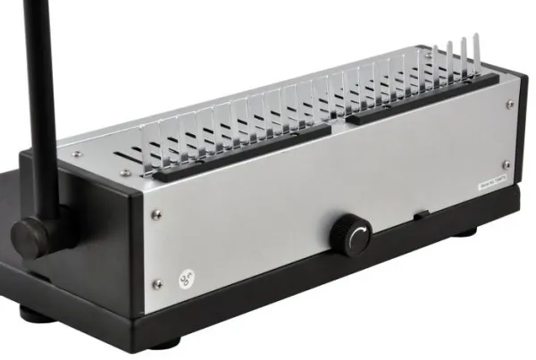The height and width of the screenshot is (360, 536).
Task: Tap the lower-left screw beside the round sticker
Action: (x=157, y=284)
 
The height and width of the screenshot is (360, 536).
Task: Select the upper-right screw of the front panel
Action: (x=510, y=105)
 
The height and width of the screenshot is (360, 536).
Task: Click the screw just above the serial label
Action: (x=507, y=164)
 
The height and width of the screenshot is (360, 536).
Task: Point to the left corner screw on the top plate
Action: (x=77, y=154)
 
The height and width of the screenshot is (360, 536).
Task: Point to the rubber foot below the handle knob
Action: (x=37, y=314)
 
